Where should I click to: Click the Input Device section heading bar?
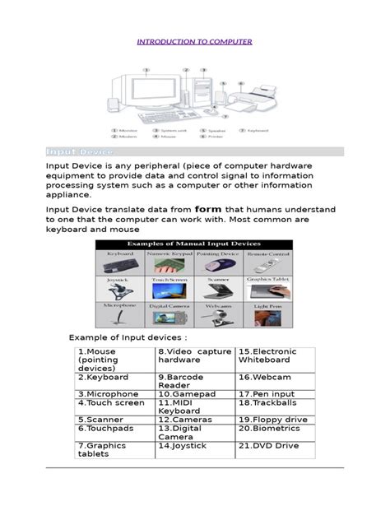[195, 152]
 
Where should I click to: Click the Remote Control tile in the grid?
[267, 263]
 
